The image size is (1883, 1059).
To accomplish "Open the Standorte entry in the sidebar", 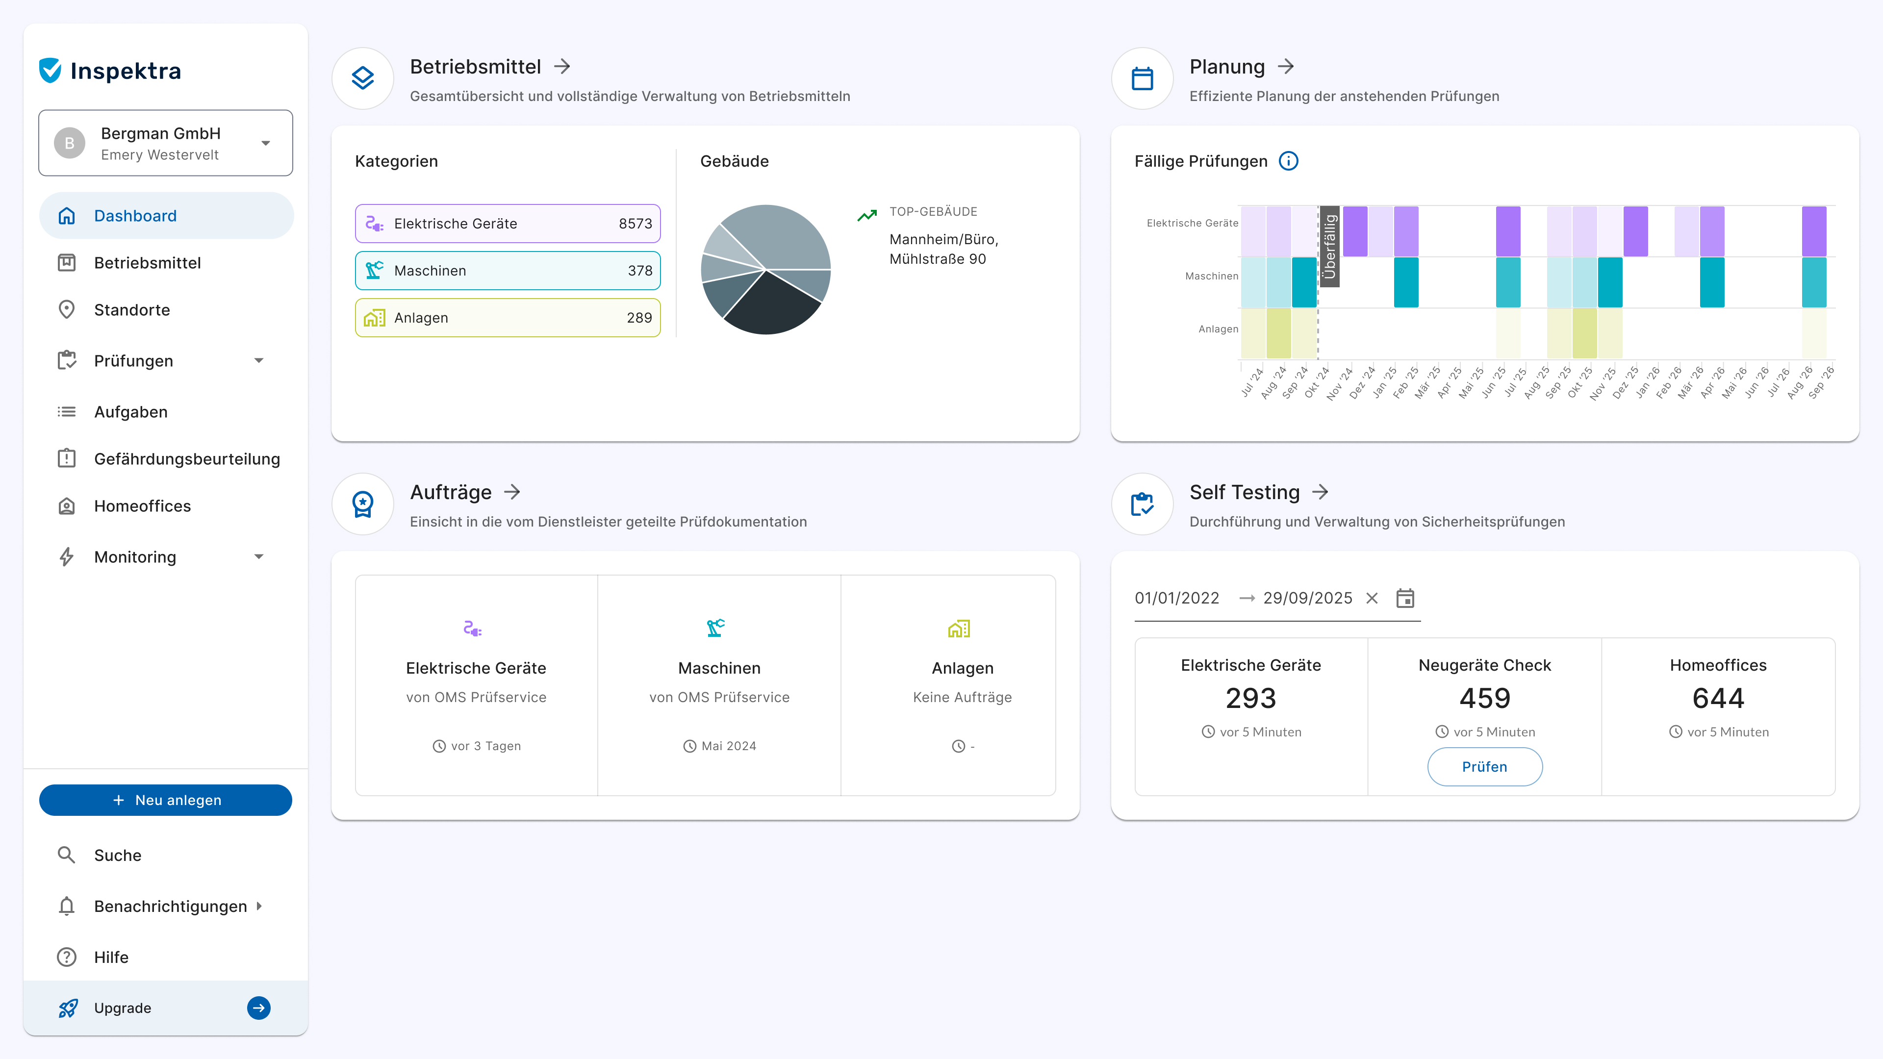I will tap(131, 310).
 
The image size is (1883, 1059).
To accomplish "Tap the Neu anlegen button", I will tap(166, 800).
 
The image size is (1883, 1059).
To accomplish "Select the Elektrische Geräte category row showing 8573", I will tap(508, 224).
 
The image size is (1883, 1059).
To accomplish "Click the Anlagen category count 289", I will tap(639, 318).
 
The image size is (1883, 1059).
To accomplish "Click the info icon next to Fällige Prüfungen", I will tap(1288, 161).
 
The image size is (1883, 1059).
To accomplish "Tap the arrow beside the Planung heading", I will tap(1286, 67).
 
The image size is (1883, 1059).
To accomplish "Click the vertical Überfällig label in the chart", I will tap(1330, 246).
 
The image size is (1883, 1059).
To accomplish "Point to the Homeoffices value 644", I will tap(1718, 698).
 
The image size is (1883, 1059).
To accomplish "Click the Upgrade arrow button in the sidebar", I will tap(259, 1008).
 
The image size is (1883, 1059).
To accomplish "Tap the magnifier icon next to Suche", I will tap(67, 855).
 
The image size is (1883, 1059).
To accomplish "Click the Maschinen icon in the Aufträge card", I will tap(715, 628).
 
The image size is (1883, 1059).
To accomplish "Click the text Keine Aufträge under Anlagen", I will tap(962, 697).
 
